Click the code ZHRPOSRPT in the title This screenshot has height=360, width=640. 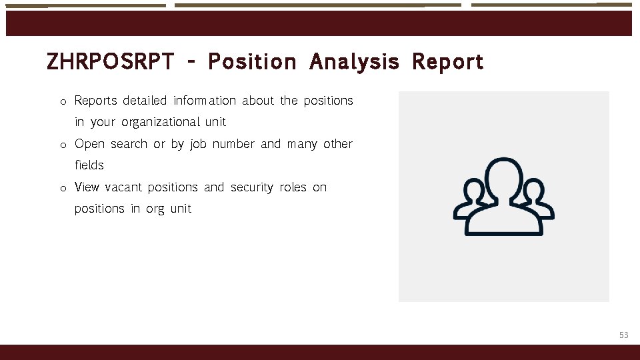pyautogui.click(x=110, y=62)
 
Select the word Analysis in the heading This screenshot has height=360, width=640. pyautogui.click(x=354, y=62)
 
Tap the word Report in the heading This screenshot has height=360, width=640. pyautogui.click(x=447, y=62)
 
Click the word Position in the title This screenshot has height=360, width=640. pyautogui.click(x=252, y=62)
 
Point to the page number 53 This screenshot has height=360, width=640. pyautogui.click(x=623, y=335)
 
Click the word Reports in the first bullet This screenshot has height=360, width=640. pyautogui.click(x=95, y=101)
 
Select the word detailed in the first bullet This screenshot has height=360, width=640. pyautogui.click(x=145, y=101)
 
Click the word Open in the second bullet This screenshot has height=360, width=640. pyautogui.click(x=89, y=144)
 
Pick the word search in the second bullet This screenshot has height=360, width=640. pyautogui.click(x=129, y=144)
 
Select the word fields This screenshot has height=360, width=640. pyautogui.click(x=89, y=165)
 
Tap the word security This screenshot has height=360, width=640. pyautogui.click(x=253, y=187)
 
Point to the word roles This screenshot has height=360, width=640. pyautogui.click(x=293, y=187)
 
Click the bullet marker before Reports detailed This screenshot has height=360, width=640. pyautogui.click(x=61, y=102)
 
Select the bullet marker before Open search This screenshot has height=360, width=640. pyautogui.click(x=61, y=145)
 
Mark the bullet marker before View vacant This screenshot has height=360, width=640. pyautogui.click(x=61, y=189)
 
